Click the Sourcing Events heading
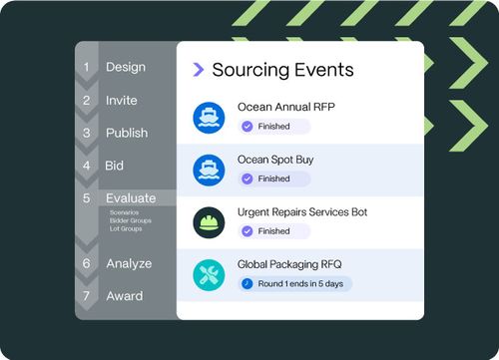tap(283, 70)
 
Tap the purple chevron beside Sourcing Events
tap(199, 70)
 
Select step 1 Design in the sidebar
tap(126, 68)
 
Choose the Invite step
tap(122, 101)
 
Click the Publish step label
tap(127, 133)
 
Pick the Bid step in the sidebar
tap(115, 166)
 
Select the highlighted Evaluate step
tap(131, 198)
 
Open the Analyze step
tap(129, 263)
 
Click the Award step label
tap(125, 296)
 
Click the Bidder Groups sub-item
tap(130, 220)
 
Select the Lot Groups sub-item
tap(126, 228)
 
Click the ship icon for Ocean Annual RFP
tap(210, 116)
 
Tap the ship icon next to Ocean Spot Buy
tap(210, 169)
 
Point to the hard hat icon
tap(210, 221)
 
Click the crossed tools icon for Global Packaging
tap(210, 274)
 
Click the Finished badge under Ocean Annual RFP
tap(274, 127)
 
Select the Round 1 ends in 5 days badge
tap(295, 284)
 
